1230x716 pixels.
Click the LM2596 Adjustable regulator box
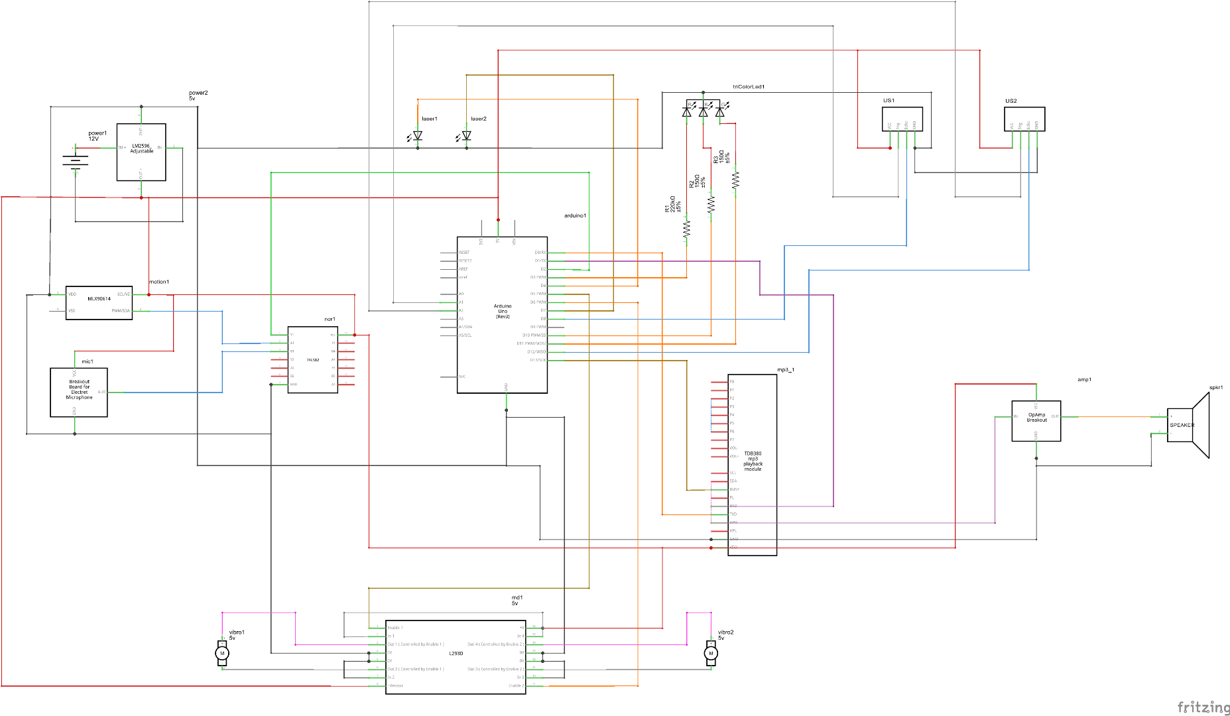coord(141,152)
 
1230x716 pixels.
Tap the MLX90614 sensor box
coord(99,303)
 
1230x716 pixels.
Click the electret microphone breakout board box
coord(78,392)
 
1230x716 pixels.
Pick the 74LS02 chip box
coord(312,360)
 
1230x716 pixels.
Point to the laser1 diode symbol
coord(417,136)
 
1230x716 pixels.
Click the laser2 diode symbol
coord(466,136)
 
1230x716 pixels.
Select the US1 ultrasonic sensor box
coord(902,119)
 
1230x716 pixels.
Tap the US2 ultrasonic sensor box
coord(1024,119)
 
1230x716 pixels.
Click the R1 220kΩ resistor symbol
coord(687,229)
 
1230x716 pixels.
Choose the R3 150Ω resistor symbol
coord(735,180)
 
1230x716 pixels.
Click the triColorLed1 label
coord(749,87)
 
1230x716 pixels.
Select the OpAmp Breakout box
coord(1036,420)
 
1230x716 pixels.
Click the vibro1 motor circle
coord(222,654)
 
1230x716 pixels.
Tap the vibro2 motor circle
coord(711,654)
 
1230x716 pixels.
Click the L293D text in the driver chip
coord(456,654)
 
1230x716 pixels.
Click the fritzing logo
coord(1203,707)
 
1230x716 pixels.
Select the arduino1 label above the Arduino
coord(575,216)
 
